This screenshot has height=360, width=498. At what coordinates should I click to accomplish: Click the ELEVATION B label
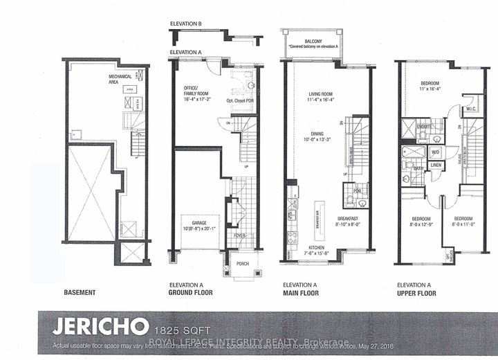[x=186, y=24]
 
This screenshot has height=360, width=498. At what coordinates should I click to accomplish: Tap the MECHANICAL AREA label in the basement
[x=120, y=78]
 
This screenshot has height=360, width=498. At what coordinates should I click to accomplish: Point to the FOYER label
[x=239, y=235]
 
